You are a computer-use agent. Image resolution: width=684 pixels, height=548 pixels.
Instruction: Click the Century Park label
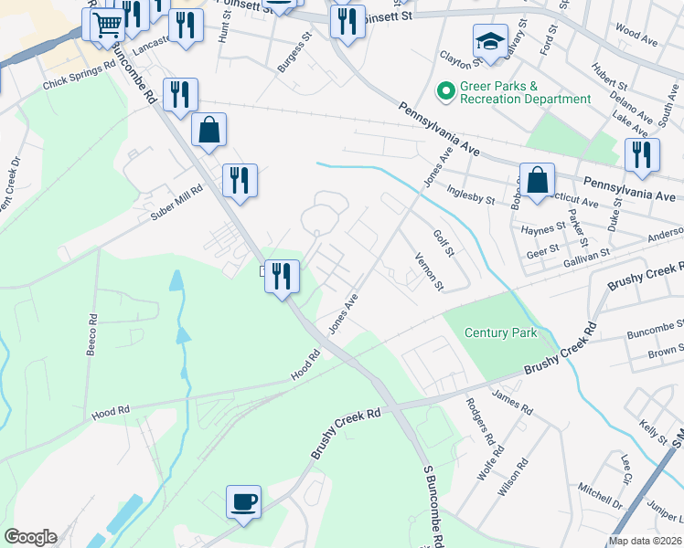(x=500, y=333)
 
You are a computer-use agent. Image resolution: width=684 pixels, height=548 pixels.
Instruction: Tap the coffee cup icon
(x=244, y=501)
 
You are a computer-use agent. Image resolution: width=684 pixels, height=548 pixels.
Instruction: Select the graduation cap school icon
(x=490, y=41)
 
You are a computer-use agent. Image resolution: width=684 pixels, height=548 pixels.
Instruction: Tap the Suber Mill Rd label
(x=176, y=207)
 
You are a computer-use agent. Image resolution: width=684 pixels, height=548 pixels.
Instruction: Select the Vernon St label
(x=429, y=272)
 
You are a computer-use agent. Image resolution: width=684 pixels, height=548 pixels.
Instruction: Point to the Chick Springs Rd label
(x=80, y=76)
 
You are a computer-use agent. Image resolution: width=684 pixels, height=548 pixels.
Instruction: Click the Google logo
(x=29, y=537)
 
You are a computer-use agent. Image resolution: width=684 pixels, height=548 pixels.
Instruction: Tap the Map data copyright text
(x=646, y=541)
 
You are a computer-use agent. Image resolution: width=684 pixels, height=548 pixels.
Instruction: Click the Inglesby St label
(x=470, y=194)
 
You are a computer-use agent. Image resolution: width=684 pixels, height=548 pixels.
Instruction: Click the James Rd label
(x=511, y=400)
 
